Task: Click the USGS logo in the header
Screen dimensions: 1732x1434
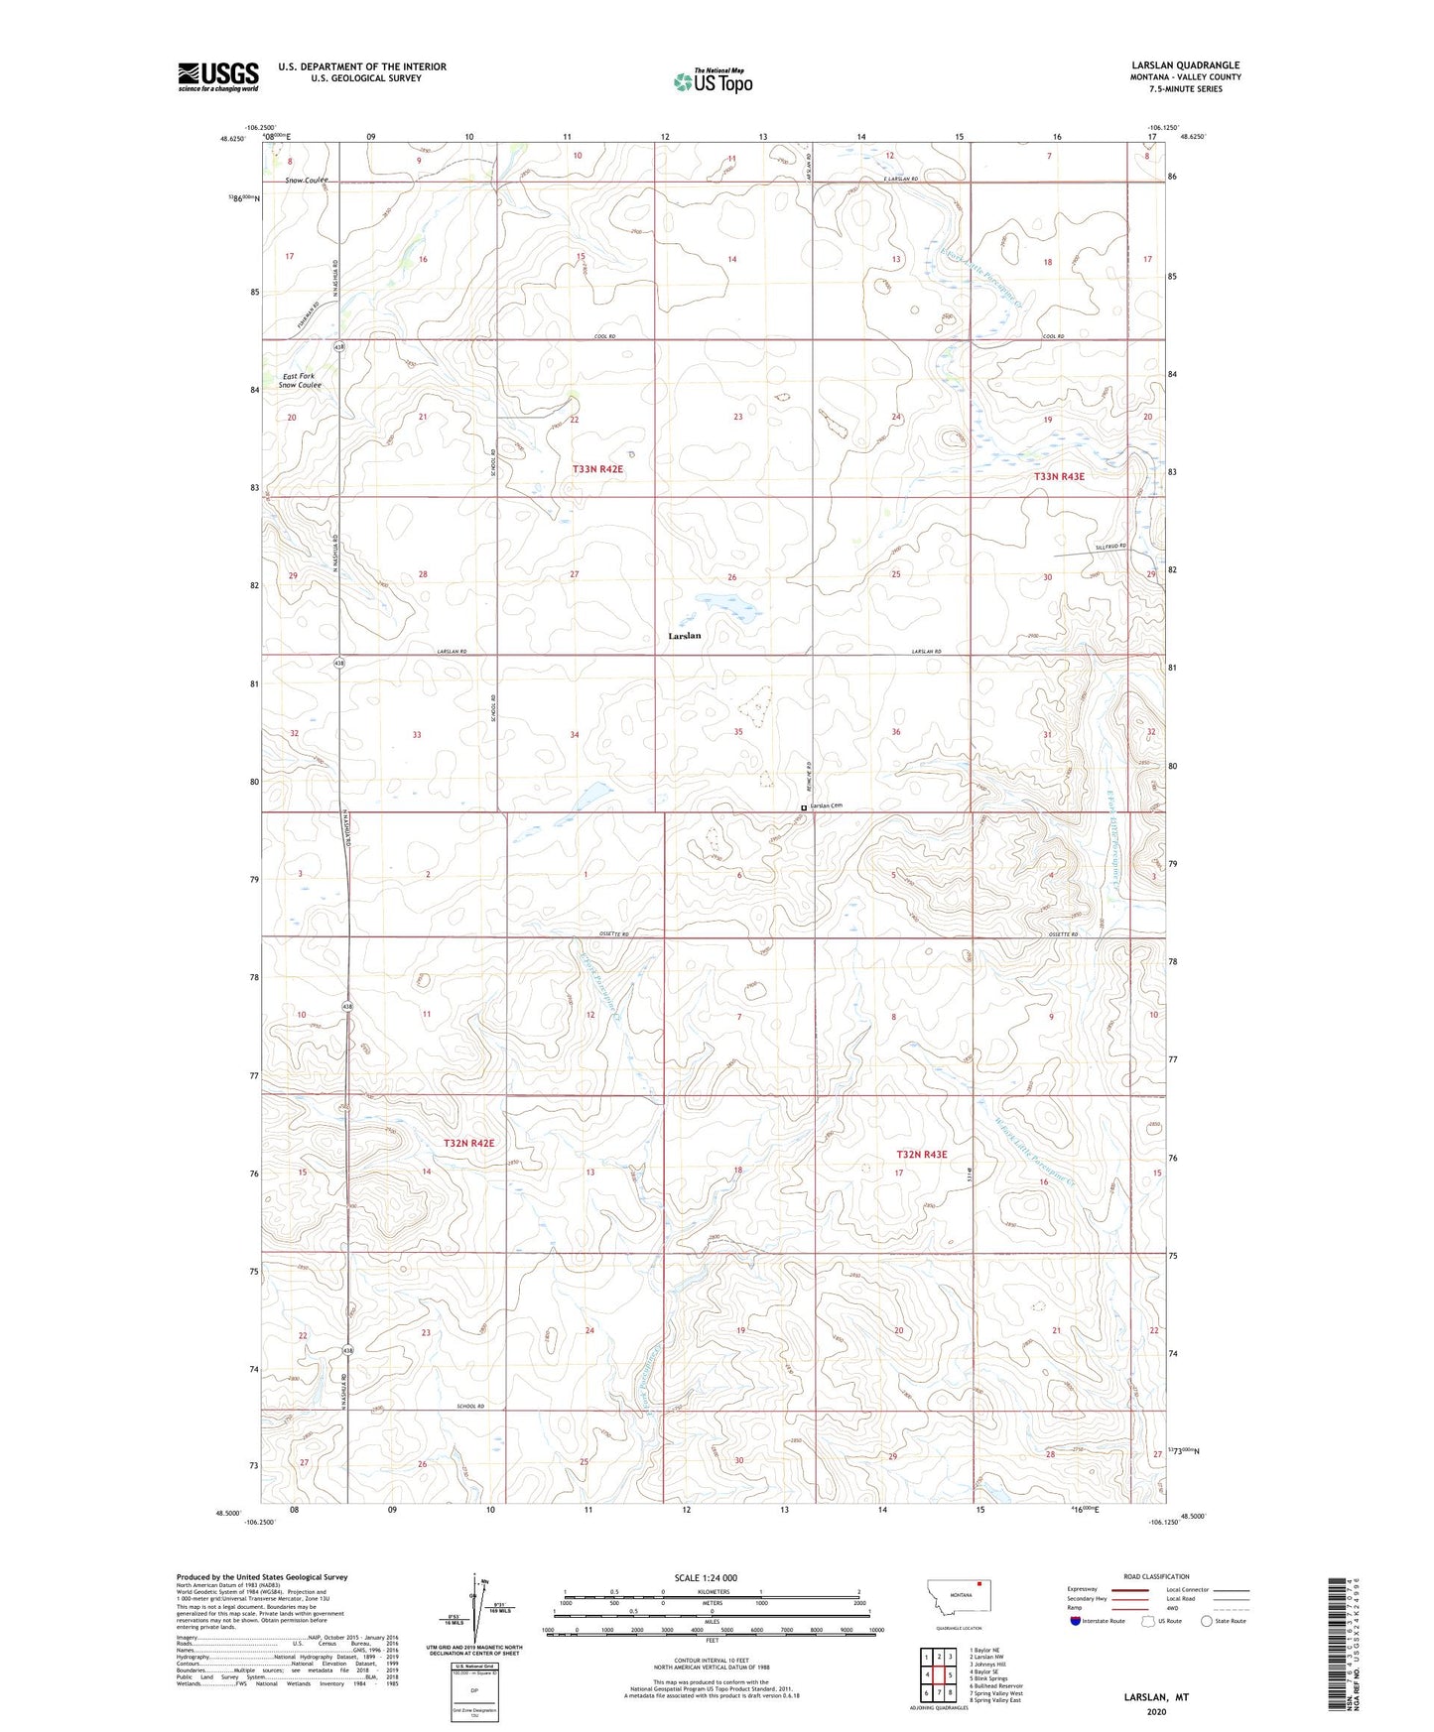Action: click(217, 76)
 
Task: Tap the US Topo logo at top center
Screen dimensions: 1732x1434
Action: click(712, 81)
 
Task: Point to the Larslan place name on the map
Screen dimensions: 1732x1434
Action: click(684, 636)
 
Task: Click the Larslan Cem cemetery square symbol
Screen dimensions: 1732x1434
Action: click(803, 807)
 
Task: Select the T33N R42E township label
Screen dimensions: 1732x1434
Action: click(597, 468)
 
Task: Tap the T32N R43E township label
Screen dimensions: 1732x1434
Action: click(921, 1155)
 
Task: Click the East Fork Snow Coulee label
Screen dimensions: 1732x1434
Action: click(302, 381)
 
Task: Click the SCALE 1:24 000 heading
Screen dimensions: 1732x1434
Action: click(706, 1578)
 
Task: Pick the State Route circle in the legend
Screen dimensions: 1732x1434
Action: click(1206, 1621)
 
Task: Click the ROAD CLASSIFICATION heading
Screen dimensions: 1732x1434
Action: click(1156, 1576)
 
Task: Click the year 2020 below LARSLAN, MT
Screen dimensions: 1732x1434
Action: click(1155, 1711)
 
